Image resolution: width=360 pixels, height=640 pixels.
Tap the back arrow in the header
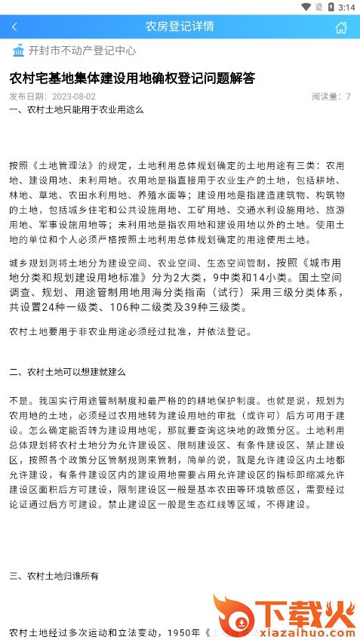[x=14, y=27]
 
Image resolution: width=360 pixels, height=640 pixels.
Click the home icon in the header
[x=341, y=27]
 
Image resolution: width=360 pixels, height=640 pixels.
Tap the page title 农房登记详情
[x=180, y=26]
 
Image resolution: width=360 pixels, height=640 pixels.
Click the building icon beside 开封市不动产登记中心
[x=18, y=51]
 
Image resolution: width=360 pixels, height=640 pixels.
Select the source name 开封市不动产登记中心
[x=82, y=51]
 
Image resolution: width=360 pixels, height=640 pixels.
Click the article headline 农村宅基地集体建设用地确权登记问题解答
[x=132, y=78]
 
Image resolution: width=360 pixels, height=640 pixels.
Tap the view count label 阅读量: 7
[x=331, y=97]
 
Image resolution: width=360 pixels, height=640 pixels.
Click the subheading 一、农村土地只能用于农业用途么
[x=76, y=109]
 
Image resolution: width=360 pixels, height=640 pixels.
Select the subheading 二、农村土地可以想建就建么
[x=67, y=372]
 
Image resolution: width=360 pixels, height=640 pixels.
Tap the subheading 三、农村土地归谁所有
[x=54, y=577]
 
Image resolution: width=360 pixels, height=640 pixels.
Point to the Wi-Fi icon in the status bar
[x=306, y=7]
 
